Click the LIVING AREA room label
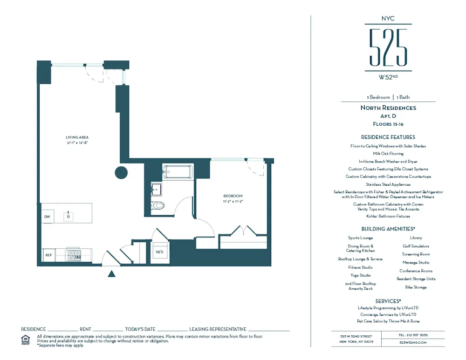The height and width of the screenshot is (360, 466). tap(77, 137)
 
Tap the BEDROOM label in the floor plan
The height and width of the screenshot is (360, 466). tap(233, 196)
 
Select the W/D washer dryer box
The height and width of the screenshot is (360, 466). tap(160, 252)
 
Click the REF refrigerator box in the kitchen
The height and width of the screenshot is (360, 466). tap(48, 255)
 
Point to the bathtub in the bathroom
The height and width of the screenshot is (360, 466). tap(177, 172)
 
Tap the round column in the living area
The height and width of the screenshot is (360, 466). tap(121, 173)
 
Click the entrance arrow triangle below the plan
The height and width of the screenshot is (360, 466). tap(111, 274)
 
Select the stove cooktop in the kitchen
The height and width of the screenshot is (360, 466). tap(74, 255)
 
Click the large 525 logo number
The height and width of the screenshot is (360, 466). tap(388, 47)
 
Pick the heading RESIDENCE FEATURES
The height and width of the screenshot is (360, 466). tap(388, 137)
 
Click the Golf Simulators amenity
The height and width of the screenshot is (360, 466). tap(416, 246)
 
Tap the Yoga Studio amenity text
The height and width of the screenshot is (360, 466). tap(360, 275)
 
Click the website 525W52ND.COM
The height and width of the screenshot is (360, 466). tap(413, 342)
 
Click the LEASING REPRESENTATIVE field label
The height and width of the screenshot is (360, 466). tap(218, 329)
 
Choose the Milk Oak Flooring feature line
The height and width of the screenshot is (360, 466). tap(388, 153)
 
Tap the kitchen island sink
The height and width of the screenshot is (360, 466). tap(69, 216)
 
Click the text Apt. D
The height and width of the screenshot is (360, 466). tap(388, 116)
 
